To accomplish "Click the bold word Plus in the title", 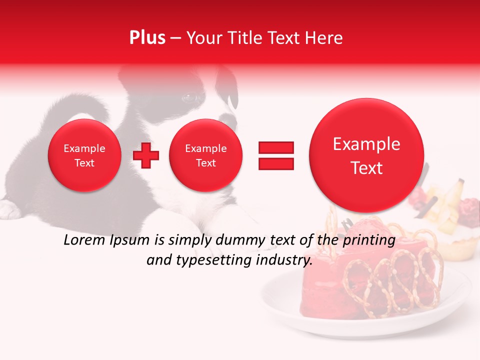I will coord(147,38).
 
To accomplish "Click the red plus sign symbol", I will coord(146,155).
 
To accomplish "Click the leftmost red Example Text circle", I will coord(84,155).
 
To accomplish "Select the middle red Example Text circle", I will coord(205,155).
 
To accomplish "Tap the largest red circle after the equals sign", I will coord(366,155).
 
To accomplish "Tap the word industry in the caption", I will coord(284,260).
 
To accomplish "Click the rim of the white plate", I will coord(280,310).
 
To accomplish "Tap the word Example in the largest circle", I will coord(366,144).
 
